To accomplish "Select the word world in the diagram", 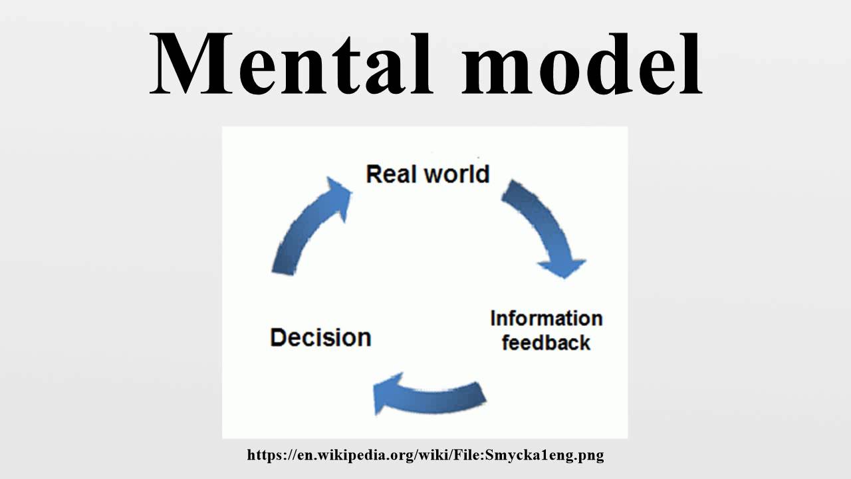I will pyautogui.click(x=457, y=174).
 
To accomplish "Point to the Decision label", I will pyautogui.click(x=320, y=337).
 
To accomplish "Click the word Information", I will pyautogui.click(x=547, y=319).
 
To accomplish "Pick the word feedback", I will pyautogui.click(x=547, y=343).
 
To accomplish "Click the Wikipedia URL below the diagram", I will pyautogui.click(x=425, y=456).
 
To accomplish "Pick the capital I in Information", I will pyautogui.click(x=493, y=319).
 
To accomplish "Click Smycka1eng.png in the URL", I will pyautogui.click(x=545, y=456).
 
